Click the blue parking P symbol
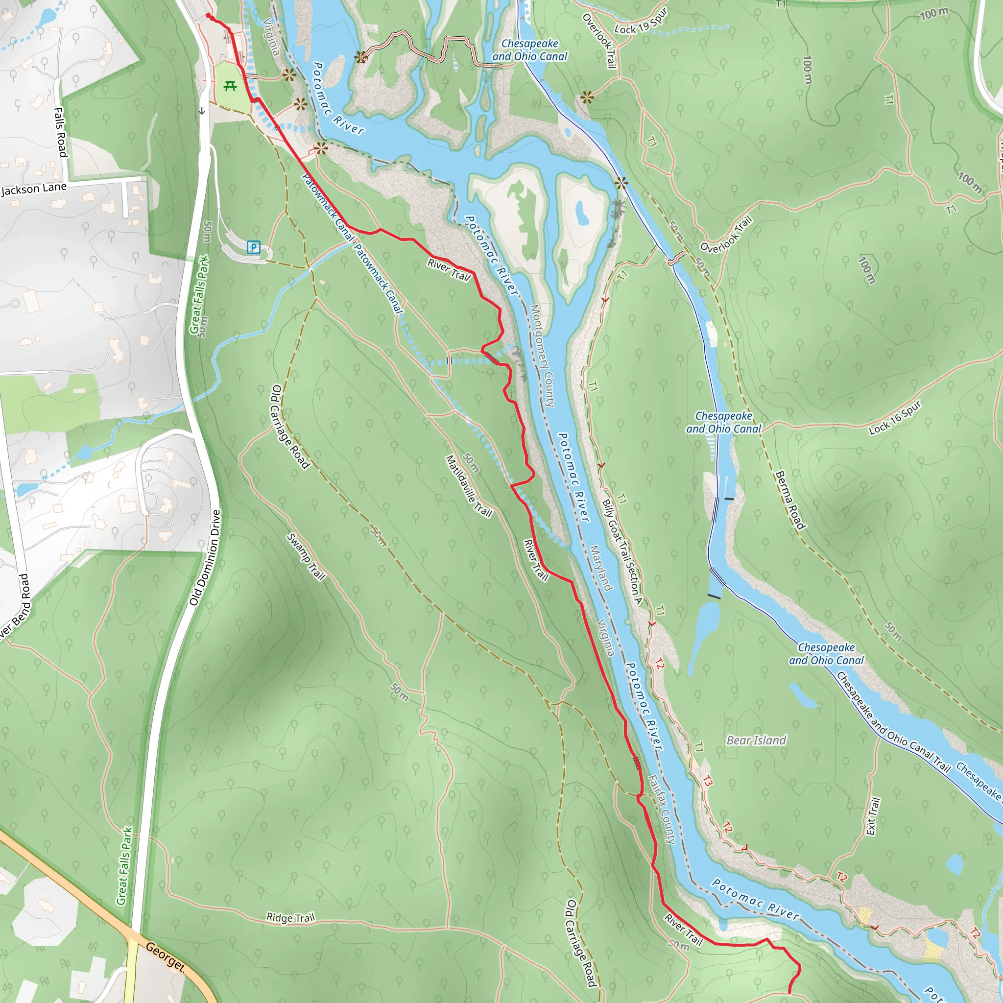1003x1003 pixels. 253,247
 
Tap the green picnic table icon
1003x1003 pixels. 230,86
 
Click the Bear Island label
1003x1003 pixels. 756,740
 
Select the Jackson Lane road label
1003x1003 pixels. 34,189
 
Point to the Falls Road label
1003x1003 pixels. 61,132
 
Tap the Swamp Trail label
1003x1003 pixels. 306,557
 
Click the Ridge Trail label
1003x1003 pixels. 290,917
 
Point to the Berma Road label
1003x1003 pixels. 789,500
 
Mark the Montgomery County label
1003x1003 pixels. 542,355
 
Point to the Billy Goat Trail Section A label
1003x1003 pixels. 622,552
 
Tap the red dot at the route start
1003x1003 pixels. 208,16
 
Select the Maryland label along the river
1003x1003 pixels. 600,568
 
